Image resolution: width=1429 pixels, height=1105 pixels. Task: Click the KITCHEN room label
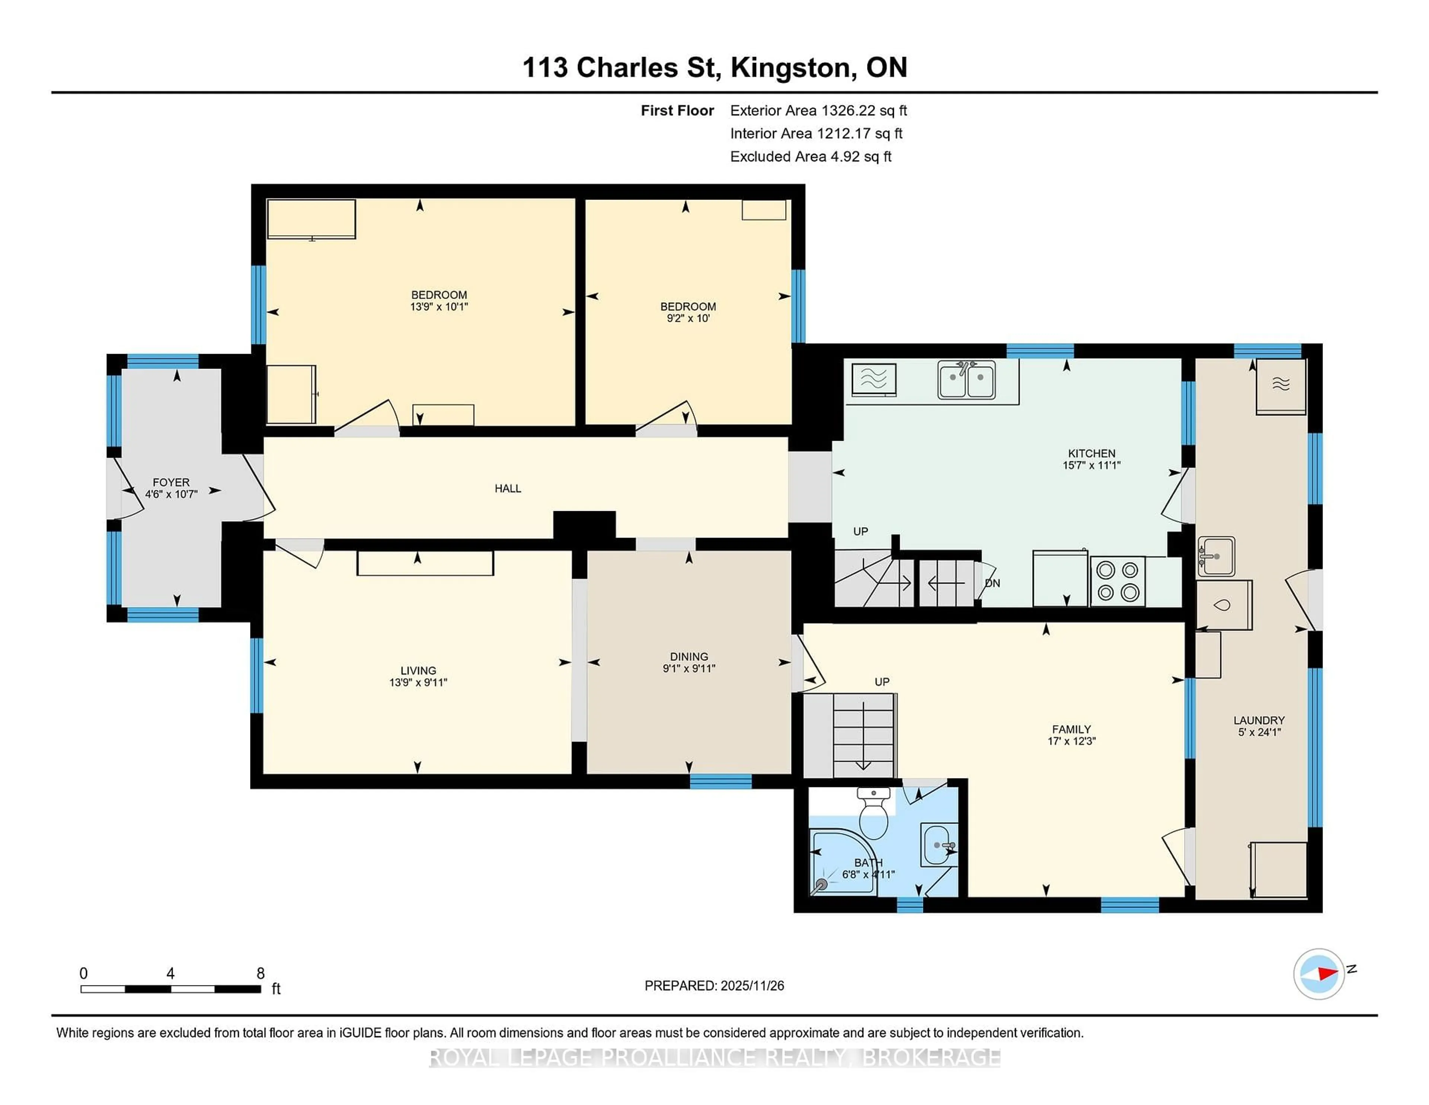1091,453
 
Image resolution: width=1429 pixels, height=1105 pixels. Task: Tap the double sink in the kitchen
966,380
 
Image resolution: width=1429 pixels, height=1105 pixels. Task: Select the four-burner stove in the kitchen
1117,581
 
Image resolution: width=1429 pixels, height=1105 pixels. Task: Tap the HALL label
508,488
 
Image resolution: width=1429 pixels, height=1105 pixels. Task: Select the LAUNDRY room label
1259,720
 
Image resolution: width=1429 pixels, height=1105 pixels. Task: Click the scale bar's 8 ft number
260,974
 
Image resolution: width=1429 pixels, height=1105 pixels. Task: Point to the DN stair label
992,583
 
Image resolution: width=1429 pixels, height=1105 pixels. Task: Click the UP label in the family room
881,681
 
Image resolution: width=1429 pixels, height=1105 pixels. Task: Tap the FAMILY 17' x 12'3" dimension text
1071,741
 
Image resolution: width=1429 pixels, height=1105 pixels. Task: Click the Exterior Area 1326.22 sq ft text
818,111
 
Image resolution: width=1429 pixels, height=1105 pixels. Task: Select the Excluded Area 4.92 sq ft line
810,156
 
